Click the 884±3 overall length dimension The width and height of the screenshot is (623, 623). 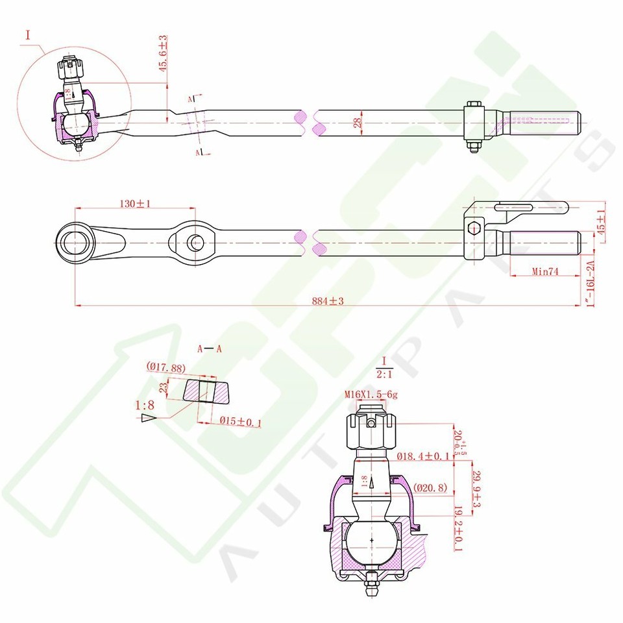pyautogui.click(x=327, y=300)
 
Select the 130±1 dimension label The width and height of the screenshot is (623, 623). pyautogui.click(x=135, y=203)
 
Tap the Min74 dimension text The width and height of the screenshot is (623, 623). pyautogui.click(x=545, y=271)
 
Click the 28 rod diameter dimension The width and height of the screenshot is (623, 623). pyautogui.click(x=356, y=122)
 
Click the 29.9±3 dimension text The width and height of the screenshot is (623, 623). pyautogui.click(x=477, y=491)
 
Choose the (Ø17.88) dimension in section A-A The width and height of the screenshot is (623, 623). pyautogui.click(x=166, y=368)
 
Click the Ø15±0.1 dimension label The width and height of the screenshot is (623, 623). pyautogui.click(x=239, y=422)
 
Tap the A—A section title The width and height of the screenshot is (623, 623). pyautogui.click(x=210, y=348)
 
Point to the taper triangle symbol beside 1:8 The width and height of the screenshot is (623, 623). pyautogui.click(x=149, y=419)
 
